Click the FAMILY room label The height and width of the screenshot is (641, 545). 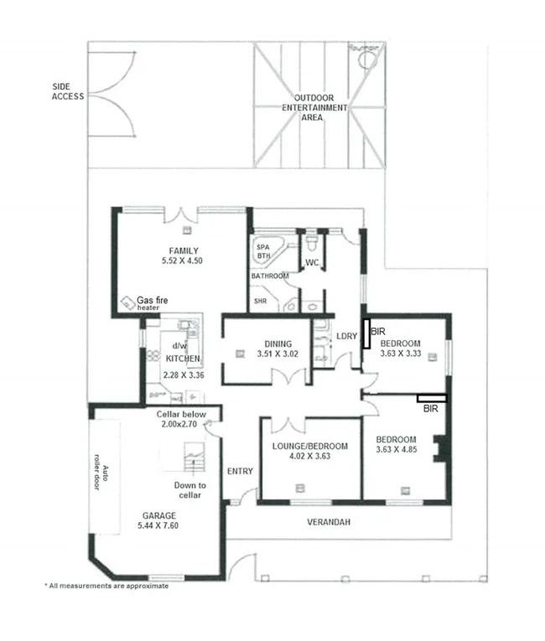(183, 251)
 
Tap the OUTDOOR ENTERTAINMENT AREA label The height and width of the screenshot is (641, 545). (314, 108)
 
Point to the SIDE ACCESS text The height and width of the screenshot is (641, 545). (67, 91)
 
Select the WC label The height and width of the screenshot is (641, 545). (312, 263)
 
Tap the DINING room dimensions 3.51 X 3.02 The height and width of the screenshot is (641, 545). (278, 354)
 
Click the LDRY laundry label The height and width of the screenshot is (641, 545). (346, 337)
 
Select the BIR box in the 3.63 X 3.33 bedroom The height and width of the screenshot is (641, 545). (366, 332)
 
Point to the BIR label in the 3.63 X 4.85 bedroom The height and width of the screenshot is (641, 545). (431, 409)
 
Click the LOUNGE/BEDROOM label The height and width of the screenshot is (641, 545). (309, 446)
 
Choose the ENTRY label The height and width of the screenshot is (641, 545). (240, 471)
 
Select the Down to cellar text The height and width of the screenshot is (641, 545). (189, 490)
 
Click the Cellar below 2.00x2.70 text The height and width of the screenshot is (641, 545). (179, 419)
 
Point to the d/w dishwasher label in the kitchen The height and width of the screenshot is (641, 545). (179, 346)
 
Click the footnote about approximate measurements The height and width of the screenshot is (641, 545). (106, 586)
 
